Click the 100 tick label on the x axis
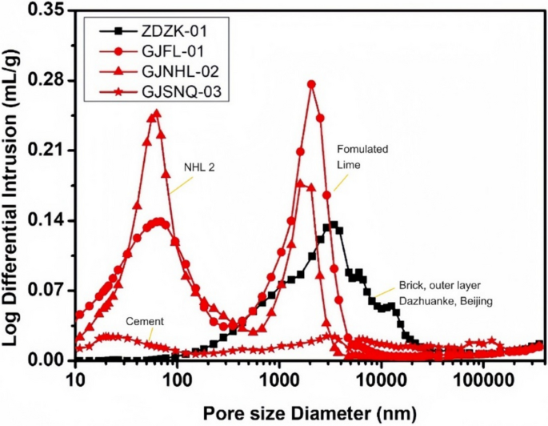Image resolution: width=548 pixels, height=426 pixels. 177,378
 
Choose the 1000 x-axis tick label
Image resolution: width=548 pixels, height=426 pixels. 278,378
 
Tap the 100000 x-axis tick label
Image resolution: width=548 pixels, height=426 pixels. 482,378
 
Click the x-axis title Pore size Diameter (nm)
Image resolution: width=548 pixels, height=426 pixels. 309,412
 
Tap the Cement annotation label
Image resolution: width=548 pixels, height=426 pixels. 145,321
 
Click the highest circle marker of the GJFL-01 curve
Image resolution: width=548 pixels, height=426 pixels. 311,84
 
